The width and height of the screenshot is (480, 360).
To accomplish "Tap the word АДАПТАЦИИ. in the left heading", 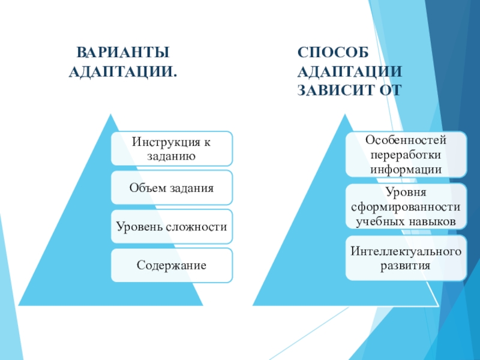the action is coord(123,72).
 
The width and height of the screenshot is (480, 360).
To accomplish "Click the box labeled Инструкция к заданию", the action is coord(172,149).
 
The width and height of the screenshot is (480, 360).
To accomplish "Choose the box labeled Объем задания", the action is coord(172,188).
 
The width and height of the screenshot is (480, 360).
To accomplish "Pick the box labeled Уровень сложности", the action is coord(172,227).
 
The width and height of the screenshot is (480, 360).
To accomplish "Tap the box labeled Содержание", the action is coord(172,265).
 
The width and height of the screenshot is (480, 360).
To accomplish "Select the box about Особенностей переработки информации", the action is coord(406,154).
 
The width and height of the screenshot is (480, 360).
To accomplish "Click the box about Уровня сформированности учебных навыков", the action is coord(406,206).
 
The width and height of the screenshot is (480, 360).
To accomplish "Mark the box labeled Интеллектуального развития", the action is coord(406,258).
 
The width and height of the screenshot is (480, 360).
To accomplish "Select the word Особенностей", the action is coord(406,140).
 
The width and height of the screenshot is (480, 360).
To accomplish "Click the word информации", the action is coord(406,169).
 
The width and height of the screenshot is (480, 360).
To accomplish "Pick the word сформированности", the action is coord(406,207).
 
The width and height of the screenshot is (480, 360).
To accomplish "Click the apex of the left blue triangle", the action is coord(110,115).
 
